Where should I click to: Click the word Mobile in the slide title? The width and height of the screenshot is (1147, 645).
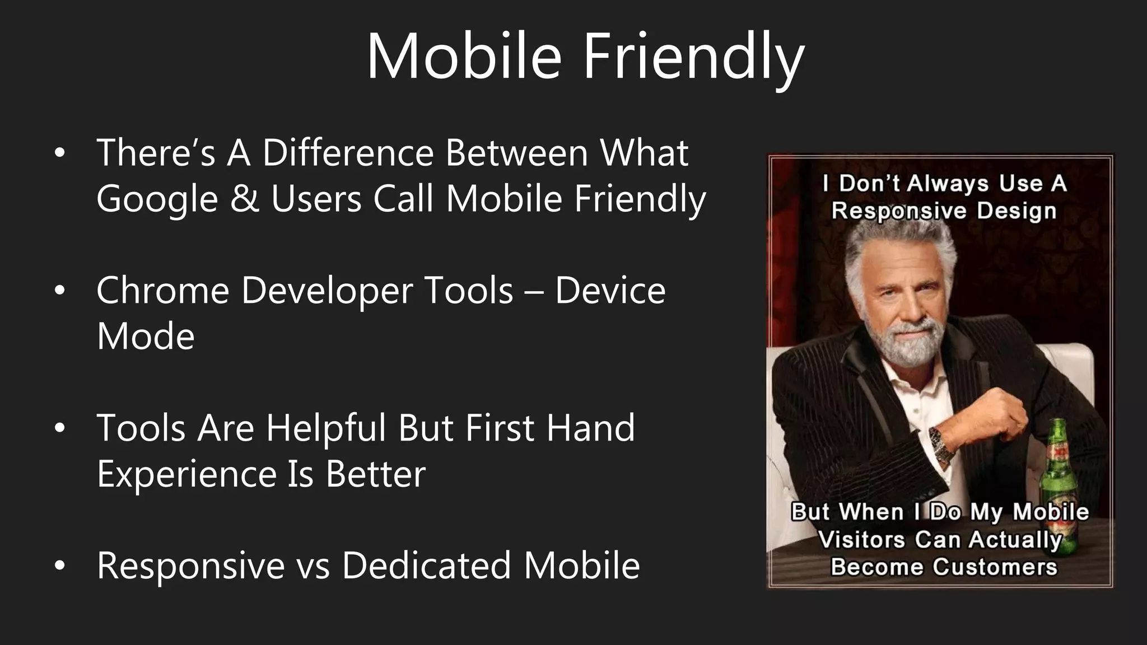pos(464,57)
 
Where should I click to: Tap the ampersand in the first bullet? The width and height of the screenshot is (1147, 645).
pos(244,199)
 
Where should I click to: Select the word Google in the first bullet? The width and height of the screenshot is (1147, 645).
pos(157,199)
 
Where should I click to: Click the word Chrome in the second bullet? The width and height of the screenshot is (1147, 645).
pos(162,291)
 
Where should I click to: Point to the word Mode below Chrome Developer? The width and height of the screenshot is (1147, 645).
pos(146,337)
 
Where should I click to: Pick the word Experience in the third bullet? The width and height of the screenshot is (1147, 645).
pos(186,474)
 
